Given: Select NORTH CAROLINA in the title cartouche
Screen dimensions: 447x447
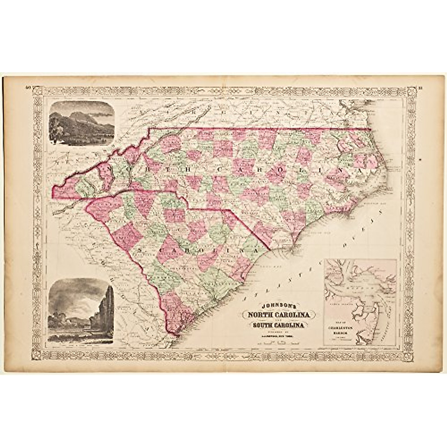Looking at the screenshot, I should pos(279,315).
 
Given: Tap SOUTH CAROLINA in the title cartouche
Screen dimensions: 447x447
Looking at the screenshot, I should pos(279,325).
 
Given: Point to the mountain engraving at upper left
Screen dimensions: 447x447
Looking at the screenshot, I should pos(82,123).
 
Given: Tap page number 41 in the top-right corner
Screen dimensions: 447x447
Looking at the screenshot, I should pos(420,88).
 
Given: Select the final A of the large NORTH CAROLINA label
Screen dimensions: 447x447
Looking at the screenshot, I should pos(361,170).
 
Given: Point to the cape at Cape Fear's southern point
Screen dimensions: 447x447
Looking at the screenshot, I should pos(294,253).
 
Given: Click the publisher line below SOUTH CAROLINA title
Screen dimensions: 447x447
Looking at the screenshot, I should pos(279,334).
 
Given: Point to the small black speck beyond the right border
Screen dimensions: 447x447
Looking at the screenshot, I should pos(420,159).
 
